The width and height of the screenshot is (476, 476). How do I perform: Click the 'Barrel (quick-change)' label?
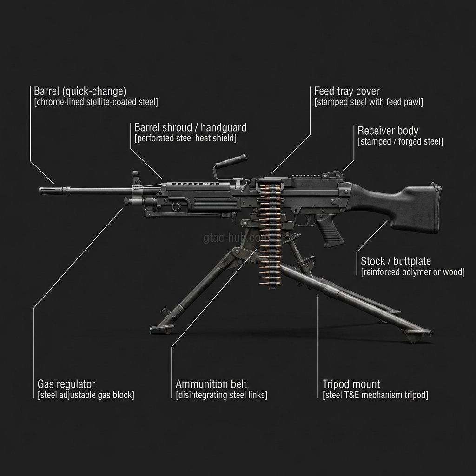pyautogui.click(x=80, y=91)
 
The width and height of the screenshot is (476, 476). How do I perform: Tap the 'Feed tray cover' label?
pyautogui.click(x=347, y=91)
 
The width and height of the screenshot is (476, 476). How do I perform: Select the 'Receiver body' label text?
pyautogui.click(x=388, y=131)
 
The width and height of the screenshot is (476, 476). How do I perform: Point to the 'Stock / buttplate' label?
pyautogui.click(x=396, y=261)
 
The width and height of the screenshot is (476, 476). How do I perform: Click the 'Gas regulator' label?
pyautogui.click(x=66, y=384)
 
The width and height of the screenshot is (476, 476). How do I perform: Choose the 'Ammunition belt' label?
pyautogui.click(x=211, y=384)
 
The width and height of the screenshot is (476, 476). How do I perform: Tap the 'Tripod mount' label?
pyautogui.click(x=351, y=384)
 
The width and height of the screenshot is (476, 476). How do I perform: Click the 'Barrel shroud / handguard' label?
pyautogui.click(x=190, y=127)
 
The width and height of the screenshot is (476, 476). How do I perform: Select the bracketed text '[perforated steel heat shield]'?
pyautogui.click(x=185, y=138)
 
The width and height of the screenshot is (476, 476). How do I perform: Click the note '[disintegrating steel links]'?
pyautogui.click(x=221, y=395)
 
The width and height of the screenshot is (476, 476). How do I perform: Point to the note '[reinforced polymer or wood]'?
pyautogui.click(x=413, y=272)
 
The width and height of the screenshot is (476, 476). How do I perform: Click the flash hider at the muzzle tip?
pyautogui.click(x=47, y=191)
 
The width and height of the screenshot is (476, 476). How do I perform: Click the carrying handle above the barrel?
pyautogui.click(x=230, y=160)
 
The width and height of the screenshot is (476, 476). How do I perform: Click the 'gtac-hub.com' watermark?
pyautogui.click(x=236, y=238)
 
